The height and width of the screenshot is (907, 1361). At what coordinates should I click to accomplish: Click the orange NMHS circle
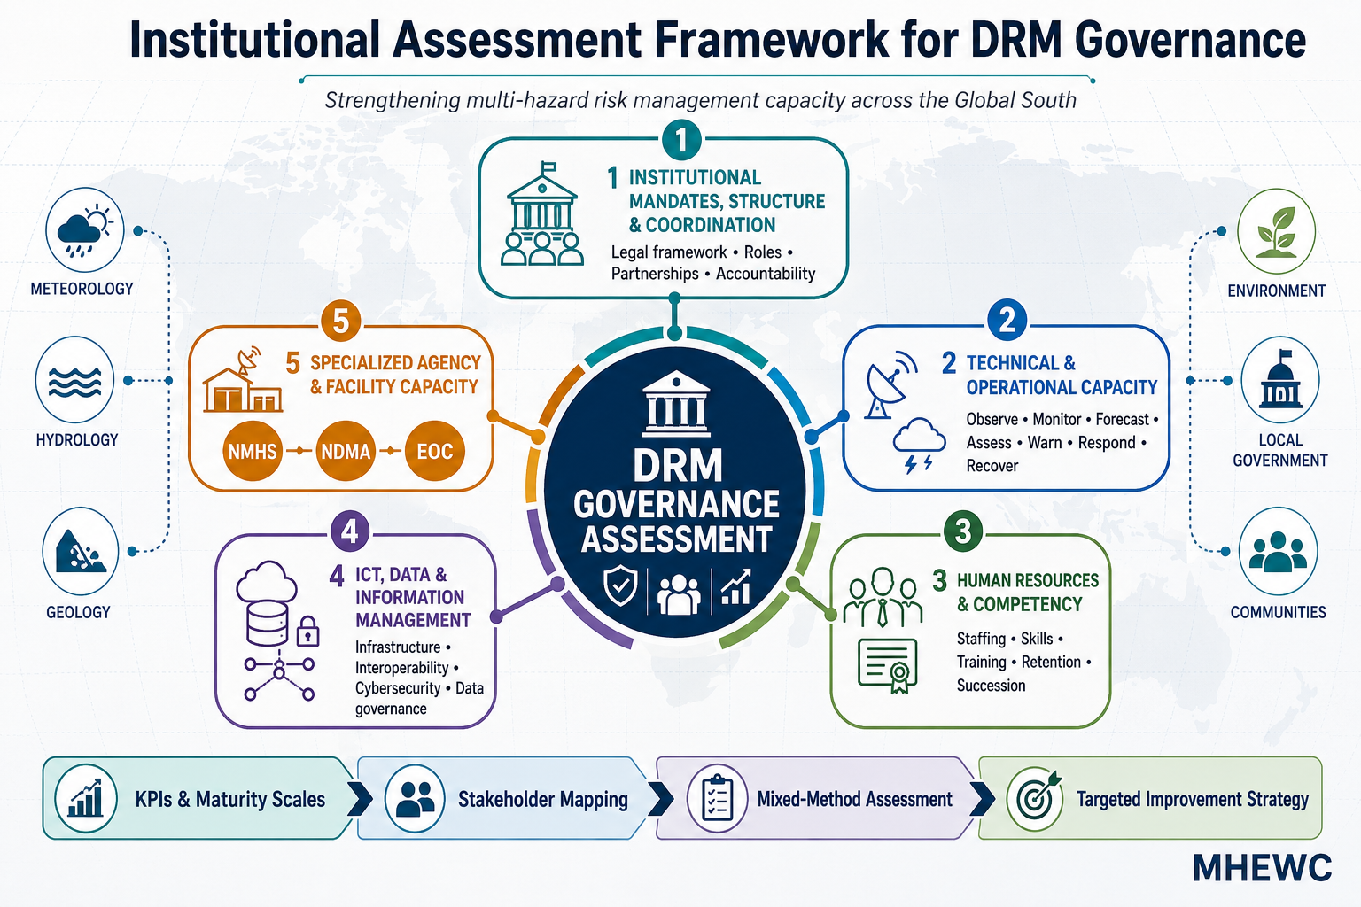tap(253, 451)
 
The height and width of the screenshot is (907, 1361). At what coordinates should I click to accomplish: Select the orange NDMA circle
tap(345, 451)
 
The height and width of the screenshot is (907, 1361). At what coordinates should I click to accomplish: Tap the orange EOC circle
tap(435, 451)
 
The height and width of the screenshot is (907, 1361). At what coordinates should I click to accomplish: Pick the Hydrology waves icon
tap(74, 380)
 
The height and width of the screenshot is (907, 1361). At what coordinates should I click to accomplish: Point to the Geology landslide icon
tap(81, 551)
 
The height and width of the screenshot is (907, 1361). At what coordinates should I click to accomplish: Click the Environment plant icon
tap(1277, 231)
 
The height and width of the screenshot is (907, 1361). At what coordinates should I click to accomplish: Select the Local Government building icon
tap(1280, 380)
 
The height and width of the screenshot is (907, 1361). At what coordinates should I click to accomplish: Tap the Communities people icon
tap(1279, 551)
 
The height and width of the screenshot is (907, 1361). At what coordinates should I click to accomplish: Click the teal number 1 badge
tap(681, 140)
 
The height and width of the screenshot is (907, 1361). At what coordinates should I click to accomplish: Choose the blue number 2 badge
tap(1007, 320)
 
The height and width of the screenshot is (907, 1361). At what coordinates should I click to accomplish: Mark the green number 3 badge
tap(963, 531)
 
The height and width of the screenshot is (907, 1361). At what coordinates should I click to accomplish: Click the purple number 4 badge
tap(350, 531)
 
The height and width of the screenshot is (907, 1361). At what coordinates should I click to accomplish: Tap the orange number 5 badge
tap(341, 321)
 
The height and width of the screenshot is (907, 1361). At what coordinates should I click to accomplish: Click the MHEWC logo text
tap(1263, 868)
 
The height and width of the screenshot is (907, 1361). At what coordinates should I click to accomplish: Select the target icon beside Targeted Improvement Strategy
tap(1035, 798)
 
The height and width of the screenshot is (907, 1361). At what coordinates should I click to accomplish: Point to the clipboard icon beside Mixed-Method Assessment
tap(717, 798)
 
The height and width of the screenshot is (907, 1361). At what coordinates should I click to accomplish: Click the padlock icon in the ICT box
tap(307, 632)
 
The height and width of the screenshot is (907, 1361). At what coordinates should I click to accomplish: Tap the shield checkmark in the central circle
tap(620, 586)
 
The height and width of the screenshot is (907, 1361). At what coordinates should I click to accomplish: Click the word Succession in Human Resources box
tap(991, 686)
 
